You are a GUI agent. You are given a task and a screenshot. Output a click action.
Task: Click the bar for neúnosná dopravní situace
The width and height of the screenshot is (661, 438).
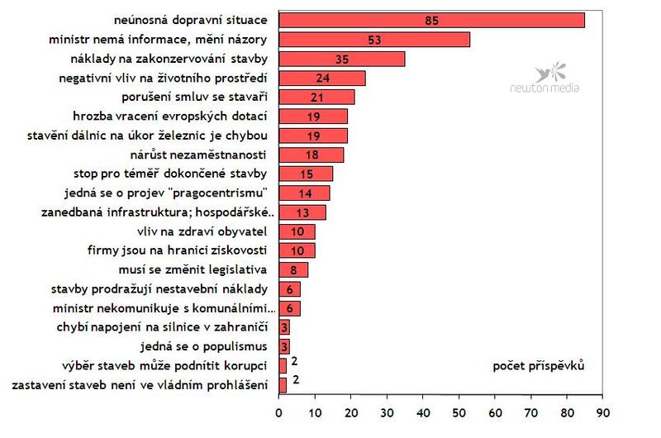point(431,21)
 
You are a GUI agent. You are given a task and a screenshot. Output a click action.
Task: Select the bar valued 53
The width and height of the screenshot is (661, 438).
point(374,40)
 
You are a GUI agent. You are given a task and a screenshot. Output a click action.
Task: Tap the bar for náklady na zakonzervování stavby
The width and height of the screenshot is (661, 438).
point(342,59)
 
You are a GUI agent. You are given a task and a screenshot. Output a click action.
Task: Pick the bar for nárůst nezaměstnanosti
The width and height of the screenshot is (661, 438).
point(311,155)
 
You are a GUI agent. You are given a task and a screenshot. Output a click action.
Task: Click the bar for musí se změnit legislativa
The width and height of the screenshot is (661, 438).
point(293,269)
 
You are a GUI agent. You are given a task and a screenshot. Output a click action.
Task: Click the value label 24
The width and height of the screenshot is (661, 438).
point(322,79)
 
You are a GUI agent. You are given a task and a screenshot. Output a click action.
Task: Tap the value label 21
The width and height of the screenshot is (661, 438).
point(316,98)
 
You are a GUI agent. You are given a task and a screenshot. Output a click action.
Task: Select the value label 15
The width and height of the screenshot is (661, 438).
point(306,174)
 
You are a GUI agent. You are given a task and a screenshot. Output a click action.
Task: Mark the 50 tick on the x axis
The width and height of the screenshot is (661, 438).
point(459,411)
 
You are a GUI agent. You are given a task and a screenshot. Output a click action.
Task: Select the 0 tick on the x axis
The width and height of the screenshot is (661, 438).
point(279,411)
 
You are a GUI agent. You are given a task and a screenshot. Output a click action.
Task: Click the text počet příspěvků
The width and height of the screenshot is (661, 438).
point(538,366)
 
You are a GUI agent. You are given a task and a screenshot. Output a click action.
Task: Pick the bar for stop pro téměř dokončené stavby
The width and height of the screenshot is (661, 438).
point(306,174)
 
